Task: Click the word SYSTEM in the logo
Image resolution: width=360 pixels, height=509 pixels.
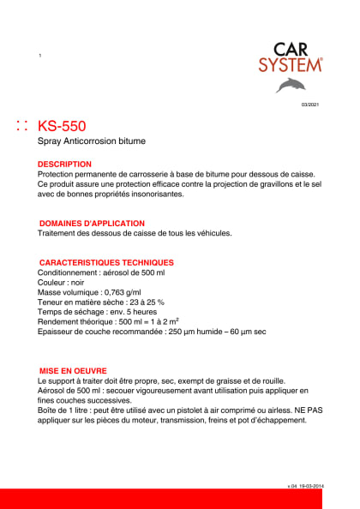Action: pyautogui.click(x=291, y=64)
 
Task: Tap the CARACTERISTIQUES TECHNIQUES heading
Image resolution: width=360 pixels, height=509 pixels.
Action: pyautogui.click(x=107, y=262)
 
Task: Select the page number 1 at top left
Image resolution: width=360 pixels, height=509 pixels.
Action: pyautogui.click(x=40, y=56)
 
